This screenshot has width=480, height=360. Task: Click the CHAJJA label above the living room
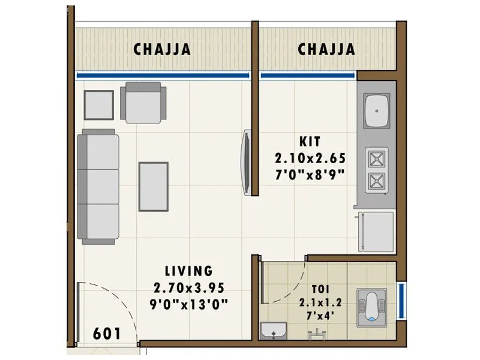(x=163, y=49)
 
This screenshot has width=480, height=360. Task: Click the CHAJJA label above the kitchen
(x=326, y=49)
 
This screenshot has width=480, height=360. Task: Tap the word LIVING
(x=189, y=271)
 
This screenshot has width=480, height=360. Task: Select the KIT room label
(x=310, y=142)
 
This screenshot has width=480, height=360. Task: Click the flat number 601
(x=108, y=333)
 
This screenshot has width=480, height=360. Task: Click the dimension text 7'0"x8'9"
(x=310, y=175)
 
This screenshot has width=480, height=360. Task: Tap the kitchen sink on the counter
(x=377, y=110)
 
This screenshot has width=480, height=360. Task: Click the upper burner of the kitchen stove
(x=377, y=158)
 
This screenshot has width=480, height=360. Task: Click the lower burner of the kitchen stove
(x=377, y=179)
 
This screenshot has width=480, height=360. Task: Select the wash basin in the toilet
(x=274, y=330)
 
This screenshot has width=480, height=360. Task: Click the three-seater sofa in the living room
(x=99, y=186)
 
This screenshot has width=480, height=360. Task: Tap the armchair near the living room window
(x=143, y=102)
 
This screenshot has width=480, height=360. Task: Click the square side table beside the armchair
(x=98, y=105)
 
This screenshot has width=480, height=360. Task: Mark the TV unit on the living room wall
(x=246, y=162)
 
